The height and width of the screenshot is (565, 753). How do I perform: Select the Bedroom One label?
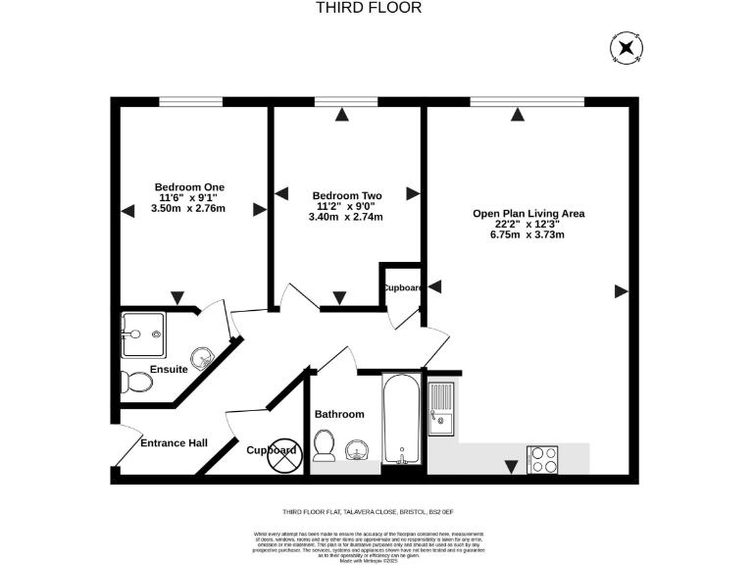coord(189,186)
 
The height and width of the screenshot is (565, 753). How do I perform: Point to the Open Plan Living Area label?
coord(528,213)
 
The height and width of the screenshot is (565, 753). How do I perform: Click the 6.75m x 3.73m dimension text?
coord(528,234)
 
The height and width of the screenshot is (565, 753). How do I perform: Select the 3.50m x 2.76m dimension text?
coord(189,208)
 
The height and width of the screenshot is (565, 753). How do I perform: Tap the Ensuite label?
coord(169,369)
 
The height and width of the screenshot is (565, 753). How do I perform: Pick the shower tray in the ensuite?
coord(143,334)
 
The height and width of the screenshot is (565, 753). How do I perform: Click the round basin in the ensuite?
coord(203,355)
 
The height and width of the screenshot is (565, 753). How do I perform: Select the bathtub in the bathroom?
coord(402,419)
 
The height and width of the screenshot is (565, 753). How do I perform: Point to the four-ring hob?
coord(544,459)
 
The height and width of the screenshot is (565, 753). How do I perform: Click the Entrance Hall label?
coord(174,443)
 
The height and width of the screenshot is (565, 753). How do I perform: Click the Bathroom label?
coord(339,414)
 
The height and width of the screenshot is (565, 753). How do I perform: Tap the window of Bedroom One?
coord(189,102)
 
